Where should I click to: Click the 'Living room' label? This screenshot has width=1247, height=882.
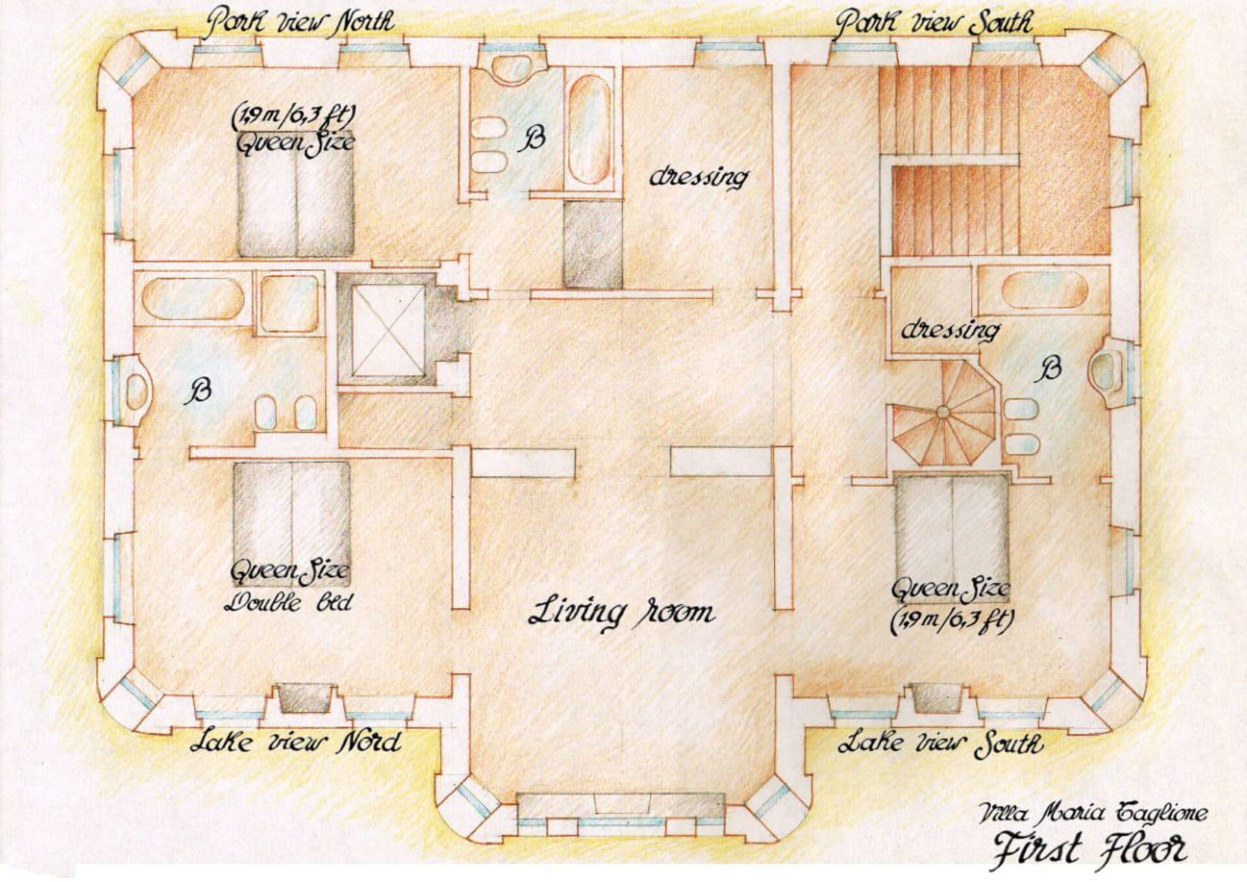622,612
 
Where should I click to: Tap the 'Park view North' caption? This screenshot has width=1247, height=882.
299,21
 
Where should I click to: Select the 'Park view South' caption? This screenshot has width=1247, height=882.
933,23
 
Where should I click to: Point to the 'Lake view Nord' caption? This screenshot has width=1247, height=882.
296,741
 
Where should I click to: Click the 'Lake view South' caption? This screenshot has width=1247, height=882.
940,742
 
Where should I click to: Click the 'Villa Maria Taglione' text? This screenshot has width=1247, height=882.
1094,812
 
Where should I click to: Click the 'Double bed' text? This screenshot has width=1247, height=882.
288,601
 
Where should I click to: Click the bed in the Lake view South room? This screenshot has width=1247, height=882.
951,526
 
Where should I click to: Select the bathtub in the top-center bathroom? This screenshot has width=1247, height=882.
589,130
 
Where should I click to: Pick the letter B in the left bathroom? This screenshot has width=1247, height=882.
199,392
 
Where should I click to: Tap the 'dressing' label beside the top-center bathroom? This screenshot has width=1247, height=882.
699,177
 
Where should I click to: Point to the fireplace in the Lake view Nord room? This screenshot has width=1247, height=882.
303,699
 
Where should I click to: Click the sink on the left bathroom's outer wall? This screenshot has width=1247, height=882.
136,390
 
